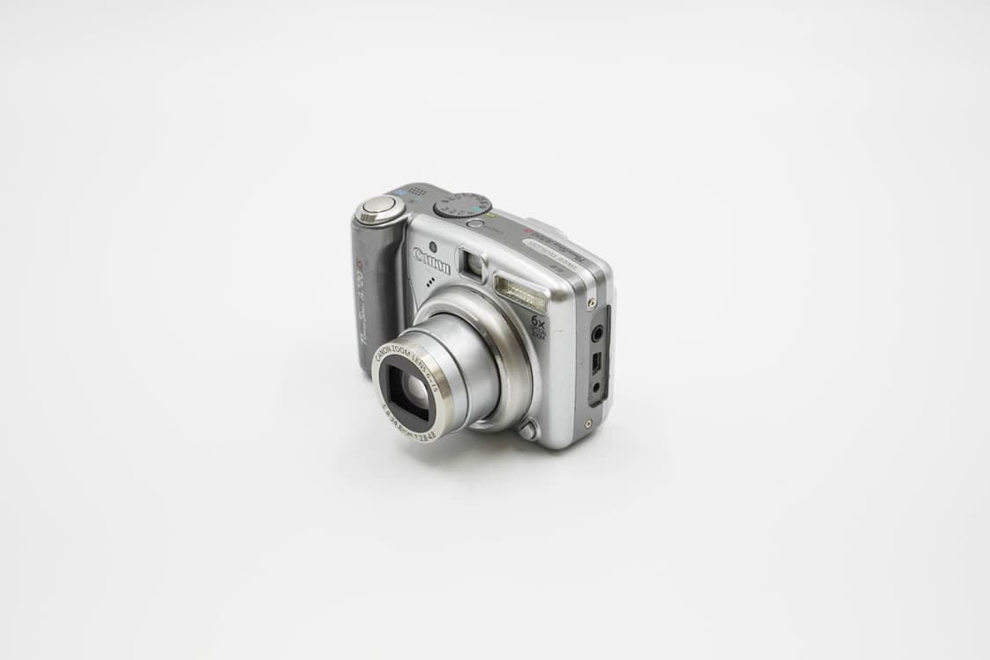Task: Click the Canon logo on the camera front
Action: point(431,260)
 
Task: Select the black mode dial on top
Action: point(461,205)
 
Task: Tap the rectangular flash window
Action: point(520,292)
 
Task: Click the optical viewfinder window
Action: point(471,263)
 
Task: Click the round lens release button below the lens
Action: point(527,429)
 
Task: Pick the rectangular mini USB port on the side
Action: point(596,362)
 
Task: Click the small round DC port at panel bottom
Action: point(596,387)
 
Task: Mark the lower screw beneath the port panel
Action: point(588,423)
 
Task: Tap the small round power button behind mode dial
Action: point(475,224)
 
